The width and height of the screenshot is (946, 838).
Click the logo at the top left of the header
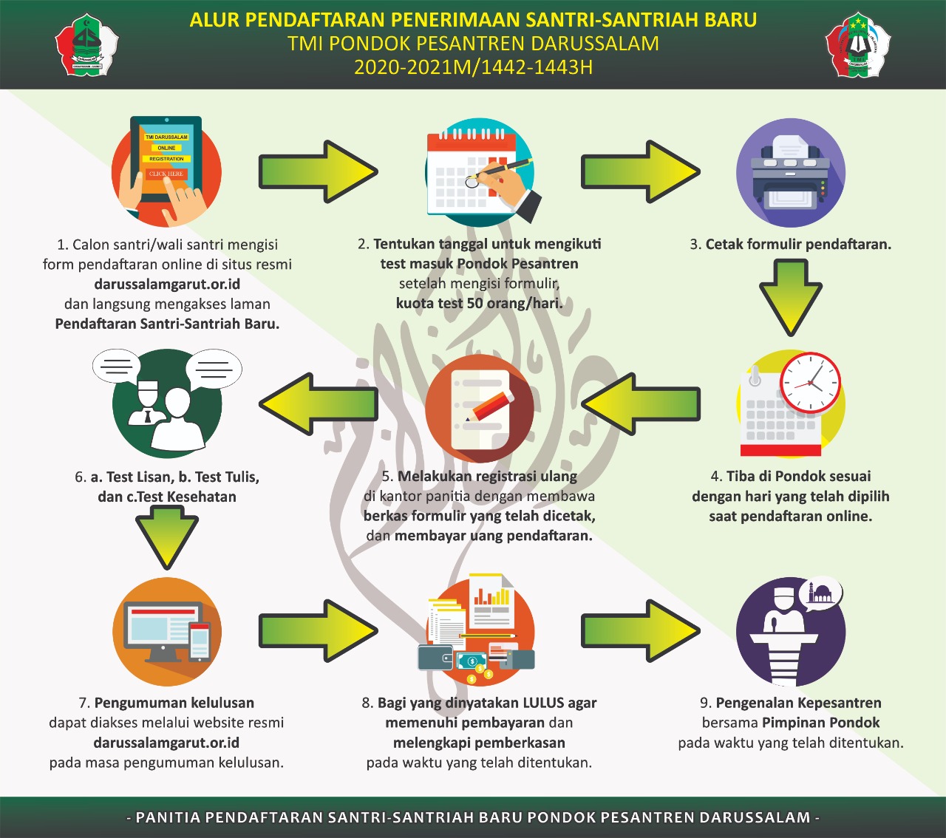(x=87, y=44)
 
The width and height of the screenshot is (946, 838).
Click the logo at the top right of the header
(x=857, y=44)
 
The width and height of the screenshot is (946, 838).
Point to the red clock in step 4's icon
(x=811, y=383)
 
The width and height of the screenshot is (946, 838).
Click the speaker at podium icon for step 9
(x=791, y=633)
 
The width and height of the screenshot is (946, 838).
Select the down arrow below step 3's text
(x=790, y=296)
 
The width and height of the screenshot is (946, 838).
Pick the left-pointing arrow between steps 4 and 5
(x=640, y=404)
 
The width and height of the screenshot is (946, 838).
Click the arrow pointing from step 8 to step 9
(x=640, y=630)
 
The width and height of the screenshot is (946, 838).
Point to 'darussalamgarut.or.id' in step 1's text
(x=167, y=284)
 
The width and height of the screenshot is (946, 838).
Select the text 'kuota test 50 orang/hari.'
(x=479, y=303)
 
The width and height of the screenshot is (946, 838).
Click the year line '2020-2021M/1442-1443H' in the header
(x=473, y=67)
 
